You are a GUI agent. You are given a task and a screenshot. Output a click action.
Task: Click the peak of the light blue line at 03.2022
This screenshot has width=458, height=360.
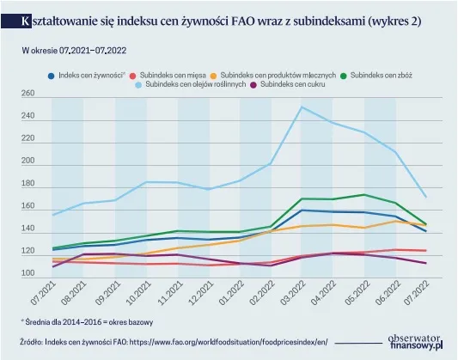point(302,107)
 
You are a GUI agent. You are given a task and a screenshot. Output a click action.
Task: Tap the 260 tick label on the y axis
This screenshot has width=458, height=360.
point(27,93)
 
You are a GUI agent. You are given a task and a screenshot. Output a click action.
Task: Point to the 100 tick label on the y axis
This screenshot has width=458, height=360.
point(27,273)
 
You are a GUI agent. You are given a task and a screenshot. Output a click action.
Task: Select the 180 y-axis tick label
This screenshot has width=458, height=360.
point(27,183)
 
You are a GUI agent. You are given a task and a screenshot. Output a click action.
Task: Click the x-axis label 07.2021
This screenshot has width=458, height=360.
point(43,293)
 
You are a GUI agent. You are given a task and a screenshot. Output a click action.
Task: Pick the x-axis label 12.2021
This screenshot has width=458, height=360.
point(200,293)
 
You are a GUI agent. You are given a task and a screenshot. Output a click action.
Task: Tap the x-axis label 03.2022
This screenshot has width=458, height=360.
point(292,293)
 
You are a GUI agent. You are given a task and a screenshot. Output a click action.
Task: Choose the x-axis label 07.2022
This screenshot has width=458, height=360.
point(416,293)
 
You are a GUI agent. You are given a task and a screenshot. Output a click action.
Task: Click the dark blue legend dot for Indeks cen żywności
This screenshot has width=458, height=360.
point(52,76)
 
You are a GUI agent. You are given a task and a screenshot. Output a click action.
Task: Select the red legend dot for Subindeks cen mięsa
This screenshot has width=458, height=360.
point(133,76)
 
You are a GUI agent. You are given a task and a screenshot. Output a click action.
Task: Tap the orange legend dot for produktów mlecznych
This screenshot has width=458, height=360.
point(214,76)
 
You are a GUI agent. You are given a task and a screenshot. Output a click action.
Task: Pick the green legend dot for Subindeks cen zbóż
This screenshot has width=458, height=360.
point(344,76)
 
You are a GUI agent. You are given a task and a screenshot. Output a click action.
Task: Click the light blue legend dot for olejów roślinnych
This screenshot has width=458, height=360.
point(138,85)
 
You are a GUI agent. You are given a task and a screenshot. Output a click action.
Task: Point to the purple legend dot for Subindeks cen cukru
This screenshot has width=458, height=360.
point(253,85)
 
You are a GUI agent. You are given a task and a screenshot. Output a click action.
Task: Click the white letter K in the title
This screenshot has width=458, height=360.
point(26,21)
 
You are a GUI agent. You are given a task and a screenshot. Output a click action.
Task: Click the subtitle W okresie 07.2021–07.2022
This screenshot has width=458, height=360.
point(74,51)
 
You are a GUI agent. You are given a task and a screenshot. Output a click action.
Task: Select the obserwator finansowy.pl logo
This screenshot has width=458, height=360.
point(415,342)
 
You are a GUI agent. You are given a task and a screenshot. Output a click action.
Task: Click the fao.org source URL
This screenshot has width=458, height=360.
point(229,342)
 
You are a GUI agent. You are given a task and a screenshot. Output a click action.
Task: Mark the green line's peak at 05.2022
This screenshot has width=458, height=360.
point(364,194)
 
